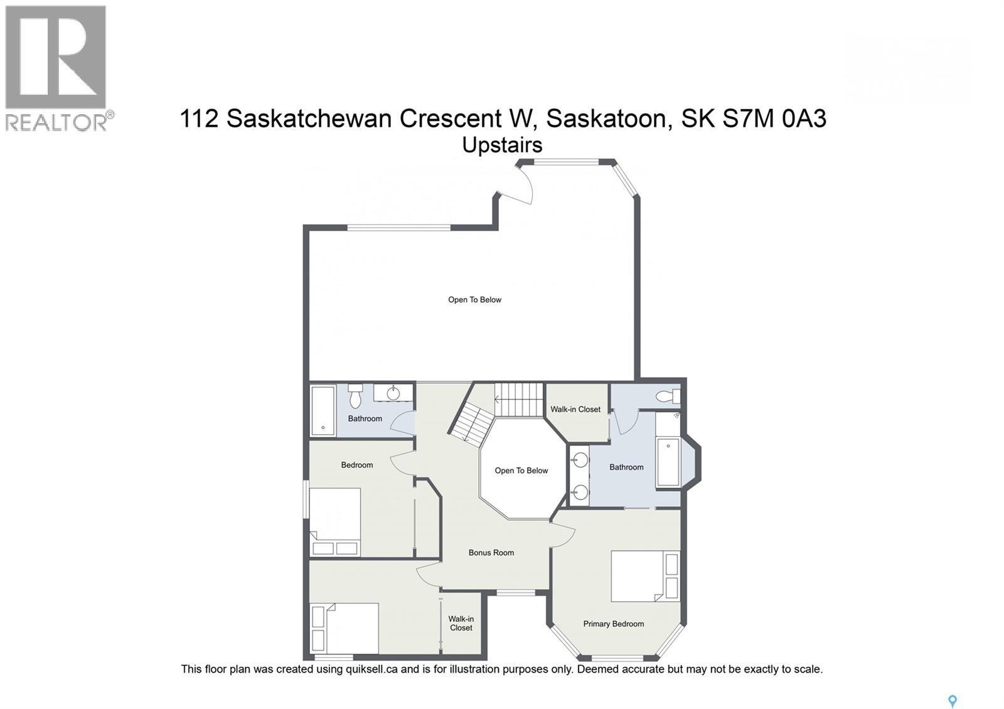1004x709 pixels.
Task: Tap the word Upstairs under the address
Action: (x=502, y=145)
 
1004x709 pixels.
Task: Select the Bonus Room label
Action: (x=491, y=553)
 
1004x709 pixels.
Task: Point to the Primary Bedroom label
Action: (x=613, y=624)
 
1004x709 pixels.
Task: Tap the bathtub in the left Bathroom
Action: (x=323, y=410)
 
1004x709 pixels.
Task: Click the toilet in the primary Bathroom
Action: (x=667, y=396)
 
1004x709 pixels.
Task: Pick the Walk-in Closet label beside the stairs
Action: (x=575, y=409)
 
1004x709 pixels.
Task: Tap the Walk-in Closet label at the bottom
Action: (x=461, y=623)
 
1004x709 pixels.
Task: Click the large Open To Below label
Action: (x=474, y=299)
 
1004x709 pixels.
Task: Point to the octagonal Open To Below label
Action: (x=521, y=471)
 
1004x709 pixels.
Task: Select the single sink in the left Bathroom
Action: (x=393, y=393)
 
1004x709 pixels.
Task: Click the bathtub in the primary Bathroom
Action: (x=669, y=462)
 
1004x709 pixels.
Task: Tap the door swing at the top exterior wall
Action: (x=518, y=185)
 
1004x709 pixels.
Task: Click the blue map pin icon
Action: (x=952, y=701)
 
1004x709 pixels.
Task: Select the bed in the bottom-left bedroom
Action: (x=344, y=628)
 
